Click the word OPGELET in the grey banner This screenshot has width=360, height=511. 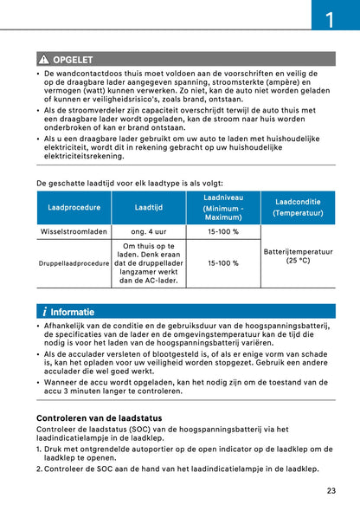74,60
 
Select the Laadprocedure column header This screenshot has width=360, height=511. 74,208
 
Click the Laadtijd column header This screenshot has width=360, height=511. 149,208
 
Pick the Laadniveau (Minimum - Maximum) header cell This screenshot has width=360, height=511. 223,209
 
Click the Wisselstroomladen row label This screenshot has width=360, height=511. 74,232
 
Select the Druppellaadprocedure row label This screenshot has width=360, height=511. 74,262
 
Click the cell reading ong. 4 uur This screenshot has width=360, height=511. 149,232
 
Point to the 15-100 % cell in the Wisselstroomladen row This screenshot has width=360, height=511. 223,232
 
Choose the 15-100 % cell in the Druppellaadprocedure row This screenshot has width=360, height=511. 223,262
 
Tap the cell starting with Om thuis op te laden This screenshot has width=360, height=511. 149,263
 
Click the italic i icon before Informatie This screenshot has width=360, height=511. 44,312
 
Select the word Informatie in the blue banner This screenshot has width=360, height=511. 73,312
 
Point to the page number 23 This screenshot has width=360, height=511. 331,491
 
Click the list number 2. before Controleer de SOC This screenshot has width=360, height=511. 40,469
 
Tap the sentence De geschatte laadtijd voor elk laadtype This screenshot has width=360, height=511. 130,184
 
